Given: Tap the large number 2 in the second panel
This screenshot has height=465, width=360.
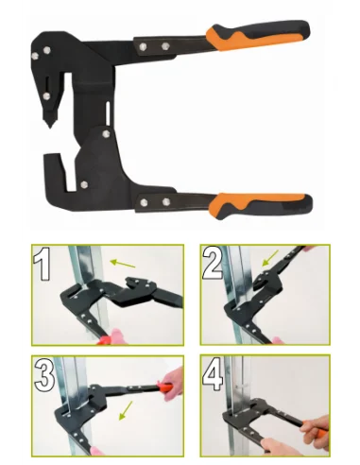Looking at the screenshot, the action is [x=213, y=263].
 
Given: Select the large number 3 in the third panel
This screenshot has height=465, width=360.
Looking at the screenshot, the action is [x=44, y=375].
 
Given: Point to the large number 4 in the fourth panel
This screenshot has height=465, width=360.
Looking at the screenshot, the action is [x=213, y=373].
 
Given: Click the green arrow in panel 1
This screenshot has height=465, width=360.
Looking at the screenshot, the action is [x=123, y=264].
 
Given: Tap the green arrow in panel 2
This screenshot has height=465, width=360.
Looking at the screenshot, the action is [x=270, y=258].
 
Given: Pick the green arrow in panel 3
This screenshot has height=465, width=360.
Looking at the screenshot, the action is [x=126, y=410].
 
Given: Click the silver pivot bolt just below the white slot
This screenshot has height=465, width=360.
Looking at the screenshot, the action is [x=107, y=134].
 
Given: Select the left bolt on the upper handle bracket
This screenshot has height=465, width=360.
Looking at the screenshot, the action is [x=143, y=47].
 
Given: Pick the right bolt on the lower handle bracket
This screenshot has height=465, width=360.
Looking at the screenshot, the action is [x=166, y=202].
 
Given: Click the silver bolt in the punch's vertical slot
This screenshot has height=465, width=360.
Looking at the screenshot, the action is [x=47, y=96].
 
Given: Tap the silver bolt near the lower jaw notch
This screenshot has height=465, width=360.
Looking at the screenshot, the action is [x=84, y=184].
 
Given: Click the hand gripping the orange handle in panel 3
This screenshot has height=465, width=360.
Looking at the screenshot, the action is [x=173, y=384].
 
